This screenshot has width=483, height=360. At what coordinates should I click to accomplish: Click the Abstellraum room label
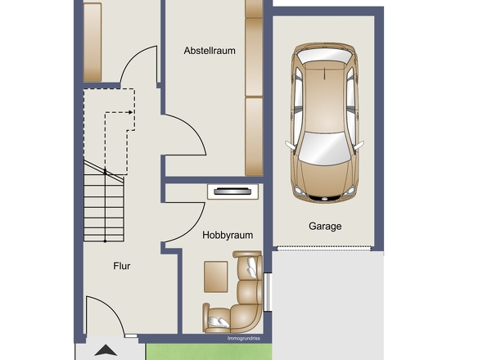[x=210, y=51]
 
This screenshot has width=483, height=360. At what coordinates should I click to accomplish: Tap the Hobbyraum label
[x=228, y=236]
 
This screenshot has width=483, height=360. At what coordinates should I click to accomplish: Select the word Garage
[x=325, y=227]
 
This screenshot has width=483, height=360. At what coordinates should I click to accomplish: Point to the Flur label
[x=122, y=266]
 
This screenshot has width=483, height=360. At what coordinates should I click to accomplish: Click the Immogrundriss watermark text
[x=244, y=339]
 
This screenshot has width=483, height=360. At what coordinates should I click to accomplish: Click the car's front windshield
[x=324, y=148]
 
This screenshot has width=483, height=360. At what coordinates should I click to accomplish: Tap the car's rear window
[x=325, y=56]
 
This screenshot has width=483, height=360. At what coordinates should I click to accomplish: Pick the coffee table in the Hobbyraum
[x=215, y=277]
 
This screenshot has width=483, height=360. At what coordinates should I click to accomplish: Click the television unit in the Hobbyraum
[x=232, y=191]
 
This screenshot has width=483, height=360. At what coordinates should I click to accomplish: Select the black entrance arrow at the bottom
[x=106, y=350]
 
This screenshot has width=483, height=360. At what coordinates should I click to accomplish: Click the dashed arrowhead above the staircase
[x=131, y=112]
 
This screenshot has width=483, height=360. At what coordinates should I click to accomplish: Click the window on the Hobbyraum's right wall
[x=267, y=292]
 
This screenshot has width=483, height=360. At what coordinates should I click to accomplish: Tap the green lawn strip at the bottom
[x=209, y=352]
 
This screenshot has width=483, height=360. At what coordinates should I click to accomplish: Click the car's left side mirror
[x=290, y=145]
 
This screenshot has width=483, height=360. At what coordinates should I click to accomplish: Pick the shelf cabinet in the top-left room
[x=93, y=43]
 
